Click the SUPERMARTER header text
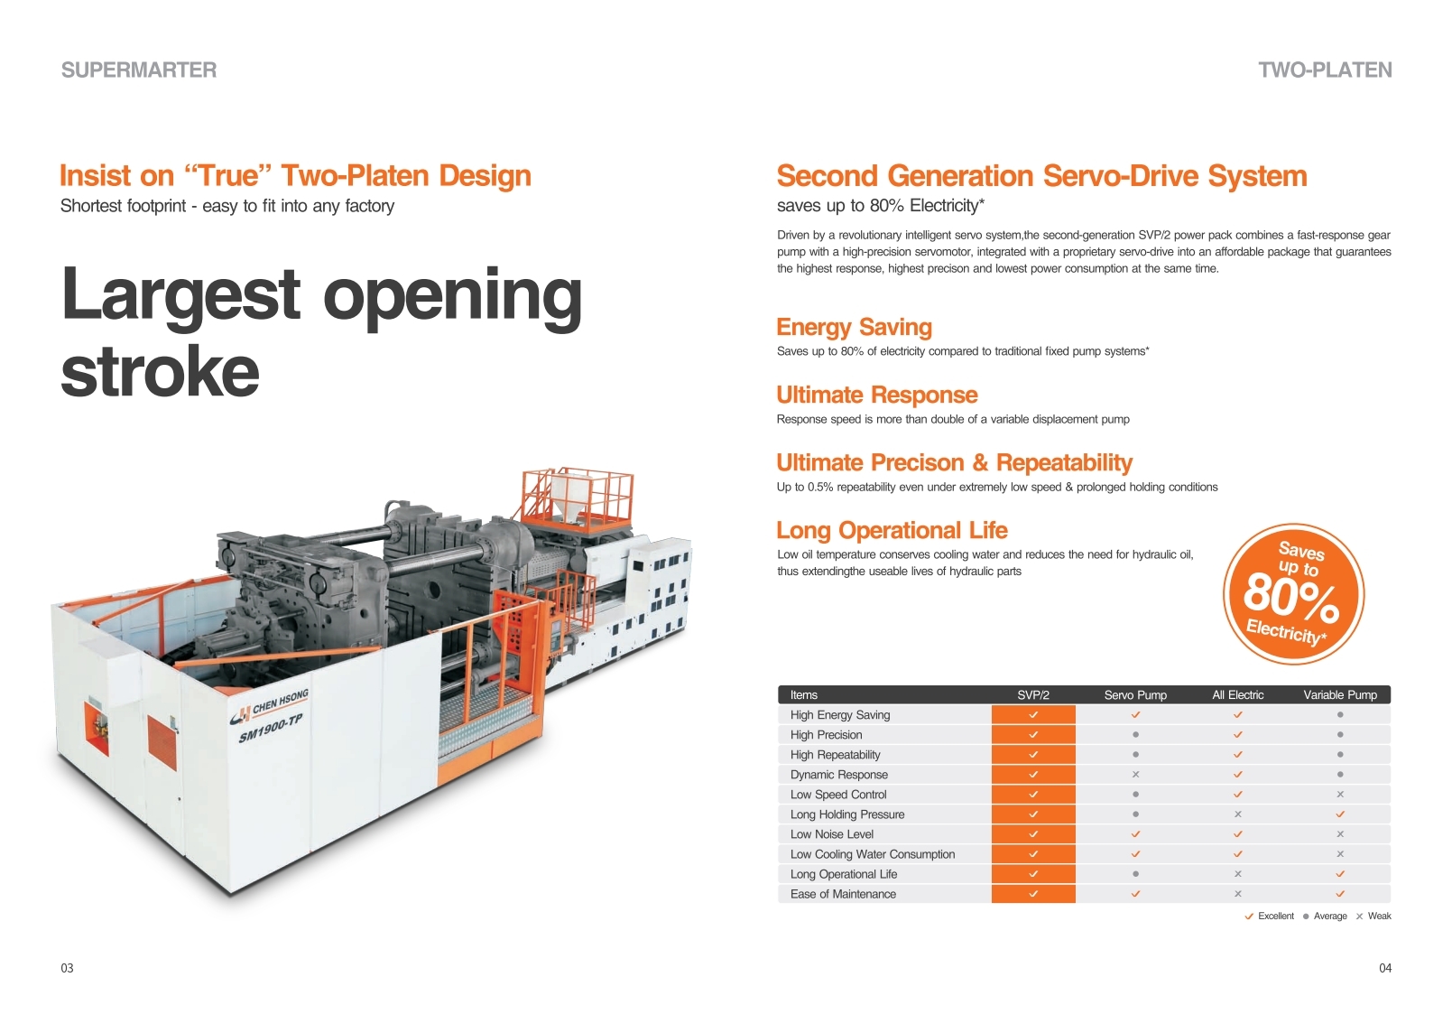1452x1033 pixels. pyautogui.click(x=139, y=70)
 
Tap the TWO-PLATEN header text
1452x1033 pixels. pyautogui.click(x=1325, y=70)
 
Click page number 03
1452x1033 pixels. pyautogui.click(x=68, y=968)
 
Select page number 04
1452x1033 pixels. pyautogui.click(x=1385, y=968)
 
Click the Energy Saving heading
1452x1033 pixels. pyautogui.click(x=855, y=328)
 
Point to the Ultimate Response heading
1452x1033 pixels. pyautogui.click(x=877, y=395)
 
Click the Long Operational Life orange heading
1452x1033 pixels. pyautogui.click(x=892, y=530)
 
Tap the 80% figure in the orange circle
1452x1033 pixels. pyautogui.click(x=1290, y=597)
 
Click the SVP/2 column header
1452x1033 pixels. pyautogui.click(x=1033, y=695)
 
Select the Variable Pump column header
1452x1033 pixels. pyautogui.click(x=1340, y=695)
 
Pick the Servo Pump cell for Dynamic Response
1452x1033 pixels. pyautogui.click(x=1135, y=774)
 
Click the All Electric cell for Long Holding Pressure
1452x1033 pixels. pyautogui.click(x=1238, y=814)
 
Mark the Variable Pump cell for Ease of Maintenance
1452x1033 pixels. pyautogui.click(x=1340, y=894)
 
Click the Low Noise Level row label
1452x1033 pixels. pyautogui.click(x=832, y=834)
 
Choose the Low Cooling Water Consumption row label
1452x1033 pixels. pyautogui.click(x=873, y=855)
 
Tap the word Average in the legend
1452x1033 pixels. pyautogui.click(x=1330, y=917)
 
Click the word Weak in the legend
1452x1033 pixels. pyautogui.click(x=1380, y=917)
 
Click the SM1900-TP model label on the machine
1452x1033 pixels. pyautogui.click(x=271, y=729)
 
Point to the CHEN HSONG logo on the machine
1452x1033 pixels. pyautogui.click(x=270, y=707)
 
